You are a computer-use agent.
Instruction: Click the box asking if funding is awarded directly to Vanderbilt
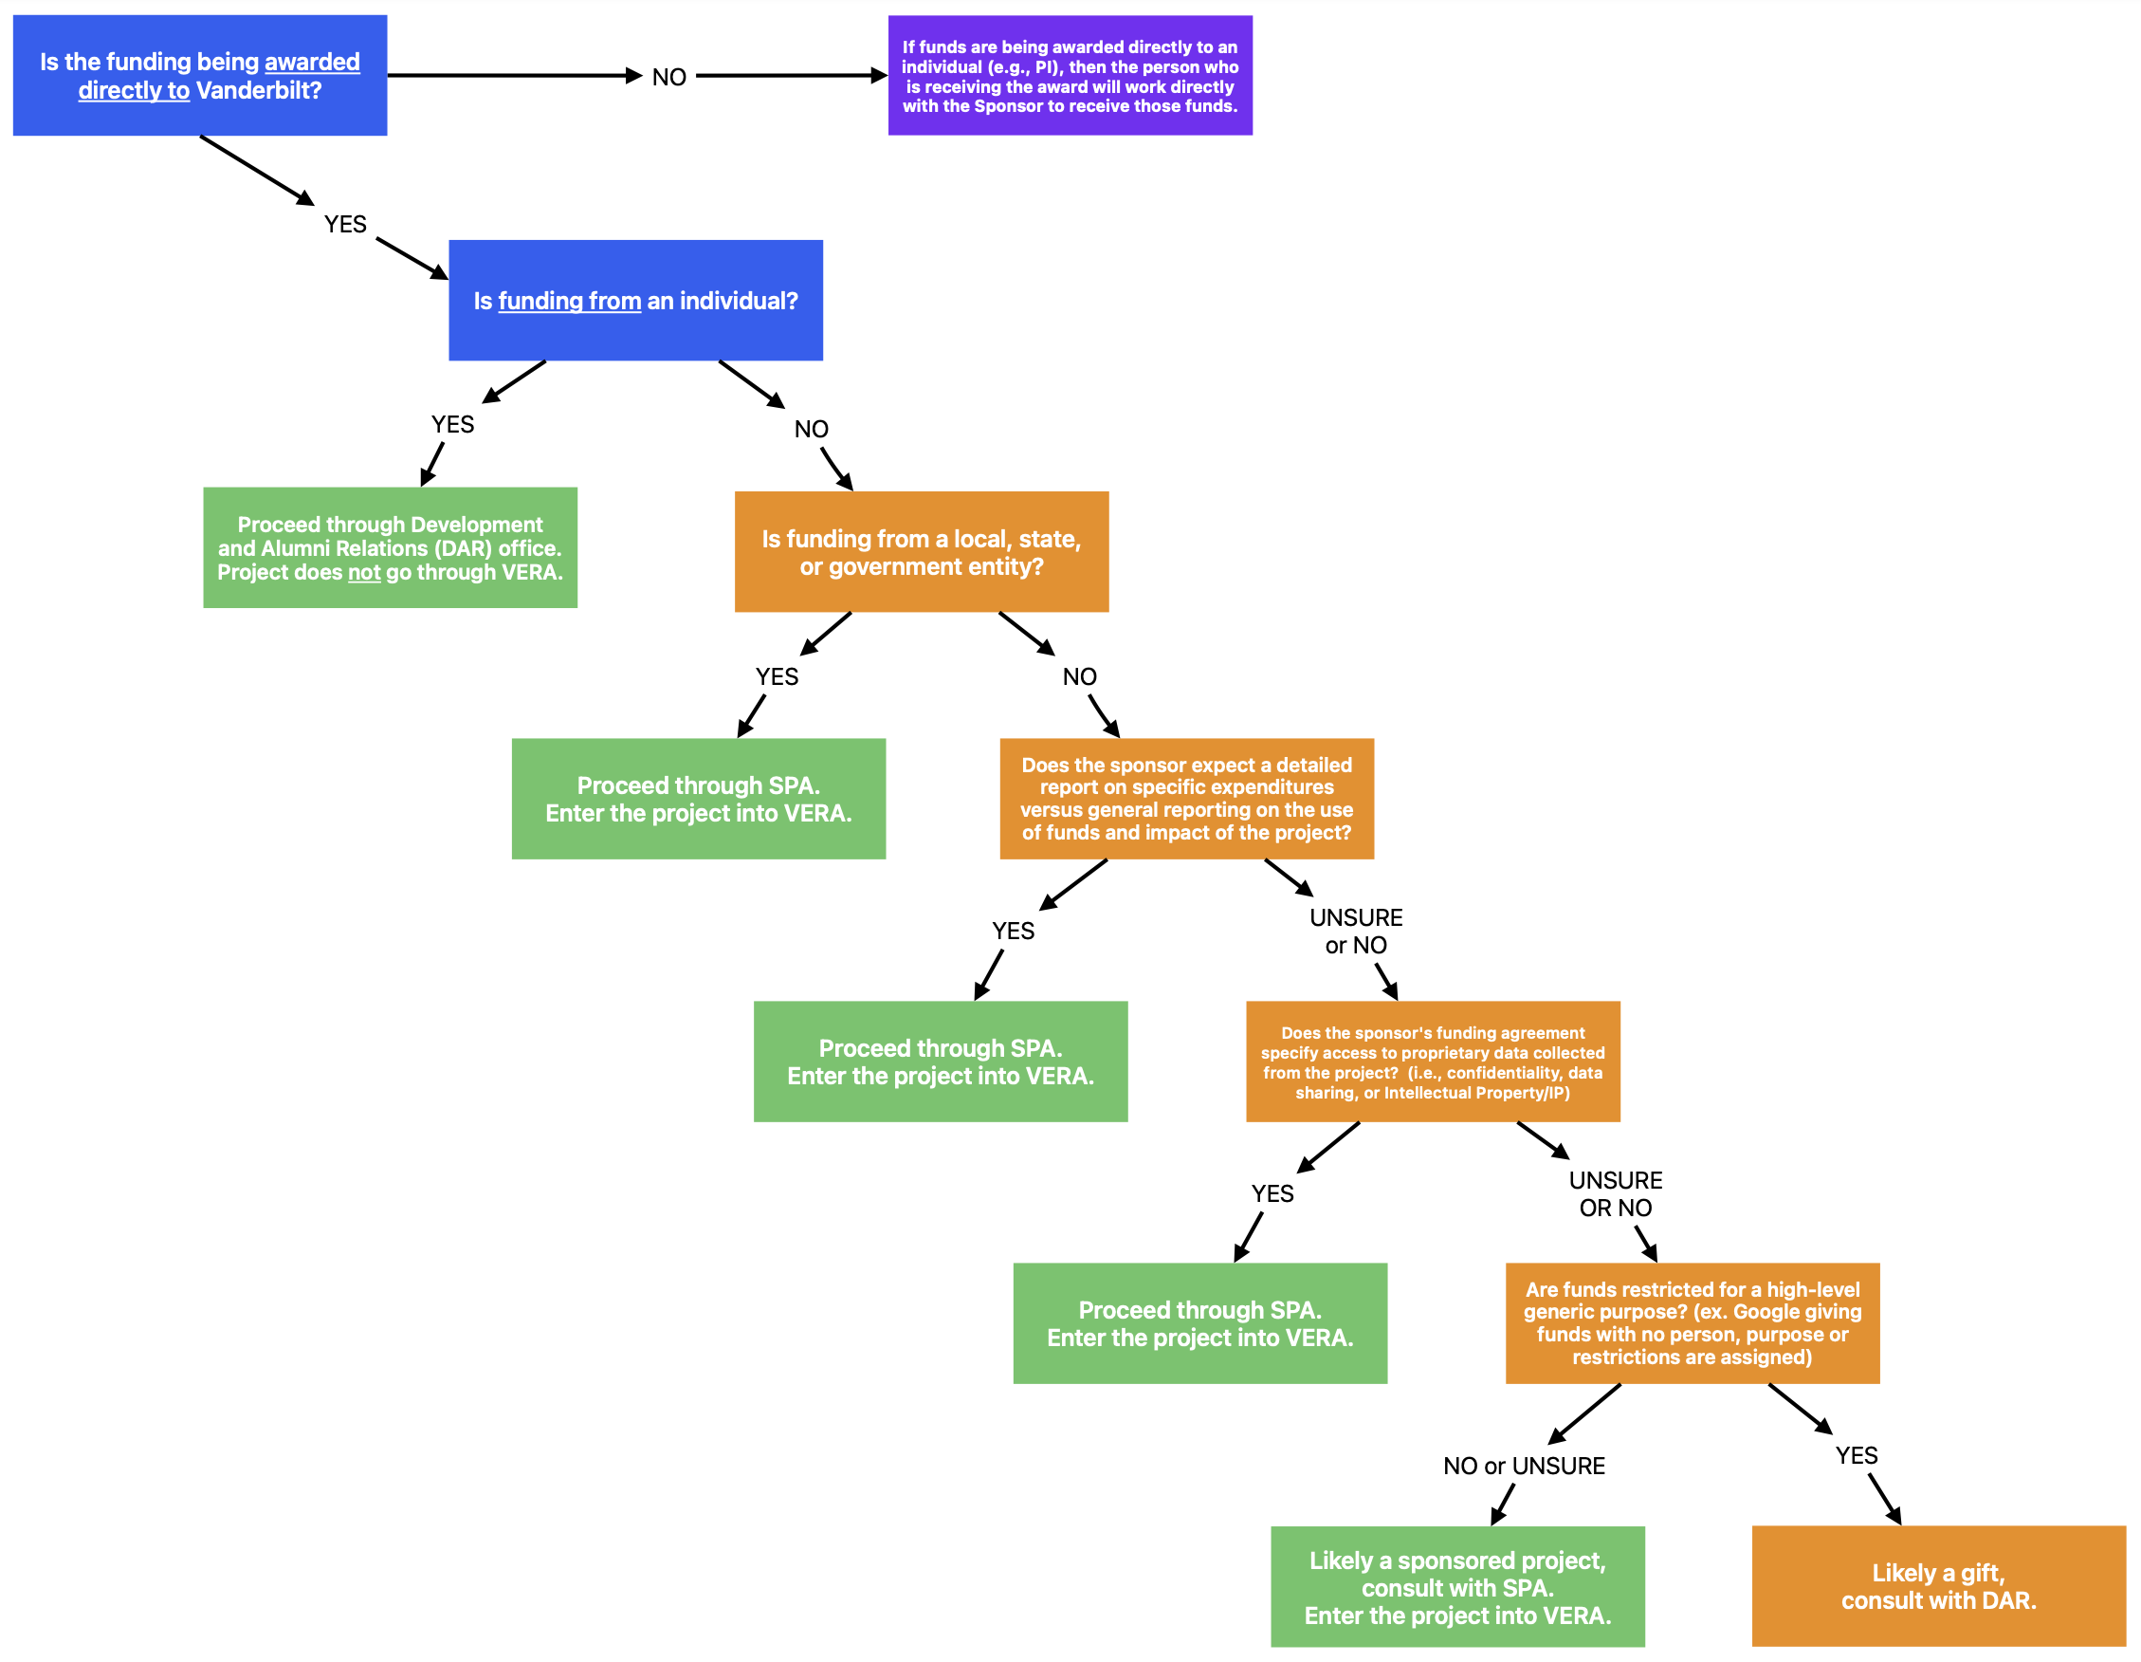[x=199, y=76]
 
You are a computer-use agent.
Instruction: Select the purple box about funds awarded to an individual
[x=1070, y=76]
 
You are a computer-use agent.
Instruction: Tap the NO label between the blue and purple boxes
[x=668, y=78]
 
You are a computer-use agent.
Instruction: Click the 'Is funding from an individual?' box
[x=635, y=300]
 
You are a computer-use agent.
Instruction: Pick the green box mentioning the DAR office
[x=389, y=547]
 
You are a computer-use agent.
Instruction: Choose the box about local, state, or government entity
[x=921, y=552]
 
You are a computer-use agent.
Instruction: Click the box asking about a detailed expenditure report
[x=1186, y=798]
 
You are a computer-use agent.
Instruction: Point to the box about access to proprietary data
[x=1433, y=1061]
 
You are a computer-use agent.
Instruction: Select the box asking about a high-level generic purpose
[x=1692, y=1322]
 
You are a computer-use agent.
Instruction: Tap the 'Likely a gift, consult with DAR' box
[x=1938, y=1585]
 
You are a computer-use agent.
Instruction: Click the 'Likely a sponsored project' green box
[x=1456, y=1586]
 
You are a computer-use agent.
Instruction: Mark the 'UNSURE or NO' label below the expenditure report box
[x=1356, y=931]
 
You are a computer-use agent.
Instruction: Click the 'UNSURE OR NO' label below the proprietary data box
[x=1615, y=1193]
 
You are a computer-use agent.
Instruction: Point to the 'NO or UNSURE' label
[x=1524, y=1465]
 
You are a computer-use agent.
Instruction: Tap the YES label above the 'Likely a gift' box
[x=1856, y=1455]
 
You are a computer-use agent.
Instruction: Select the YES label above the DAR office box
[x=452, y=425]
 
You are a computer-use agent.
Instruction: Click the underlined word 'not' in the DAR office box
[x=364, y=573]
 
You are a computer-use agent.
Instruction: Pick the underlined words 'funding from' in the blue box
[x=570, y=301]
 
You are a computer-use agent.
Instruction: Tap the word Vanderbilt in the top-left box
[x=259, y=90]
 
